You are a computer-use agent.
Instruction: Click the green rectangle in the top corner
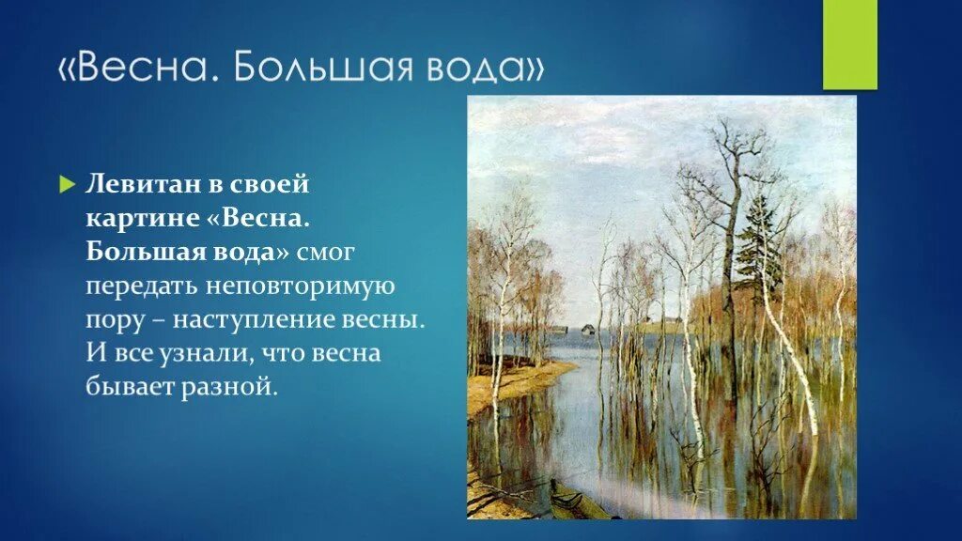[x=849, y=44]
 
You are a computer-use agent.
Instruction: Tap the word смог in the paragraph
[x=330, y=251]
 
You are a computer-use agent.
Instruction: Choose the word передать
[x=141, y=285]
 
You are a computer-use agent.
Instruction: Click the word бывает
[x=132, y=386]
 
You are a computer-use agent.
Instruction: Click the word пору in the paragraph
[x=113, y=318]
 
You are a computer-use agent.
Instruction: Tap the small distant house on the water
[x=588, y=329]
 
